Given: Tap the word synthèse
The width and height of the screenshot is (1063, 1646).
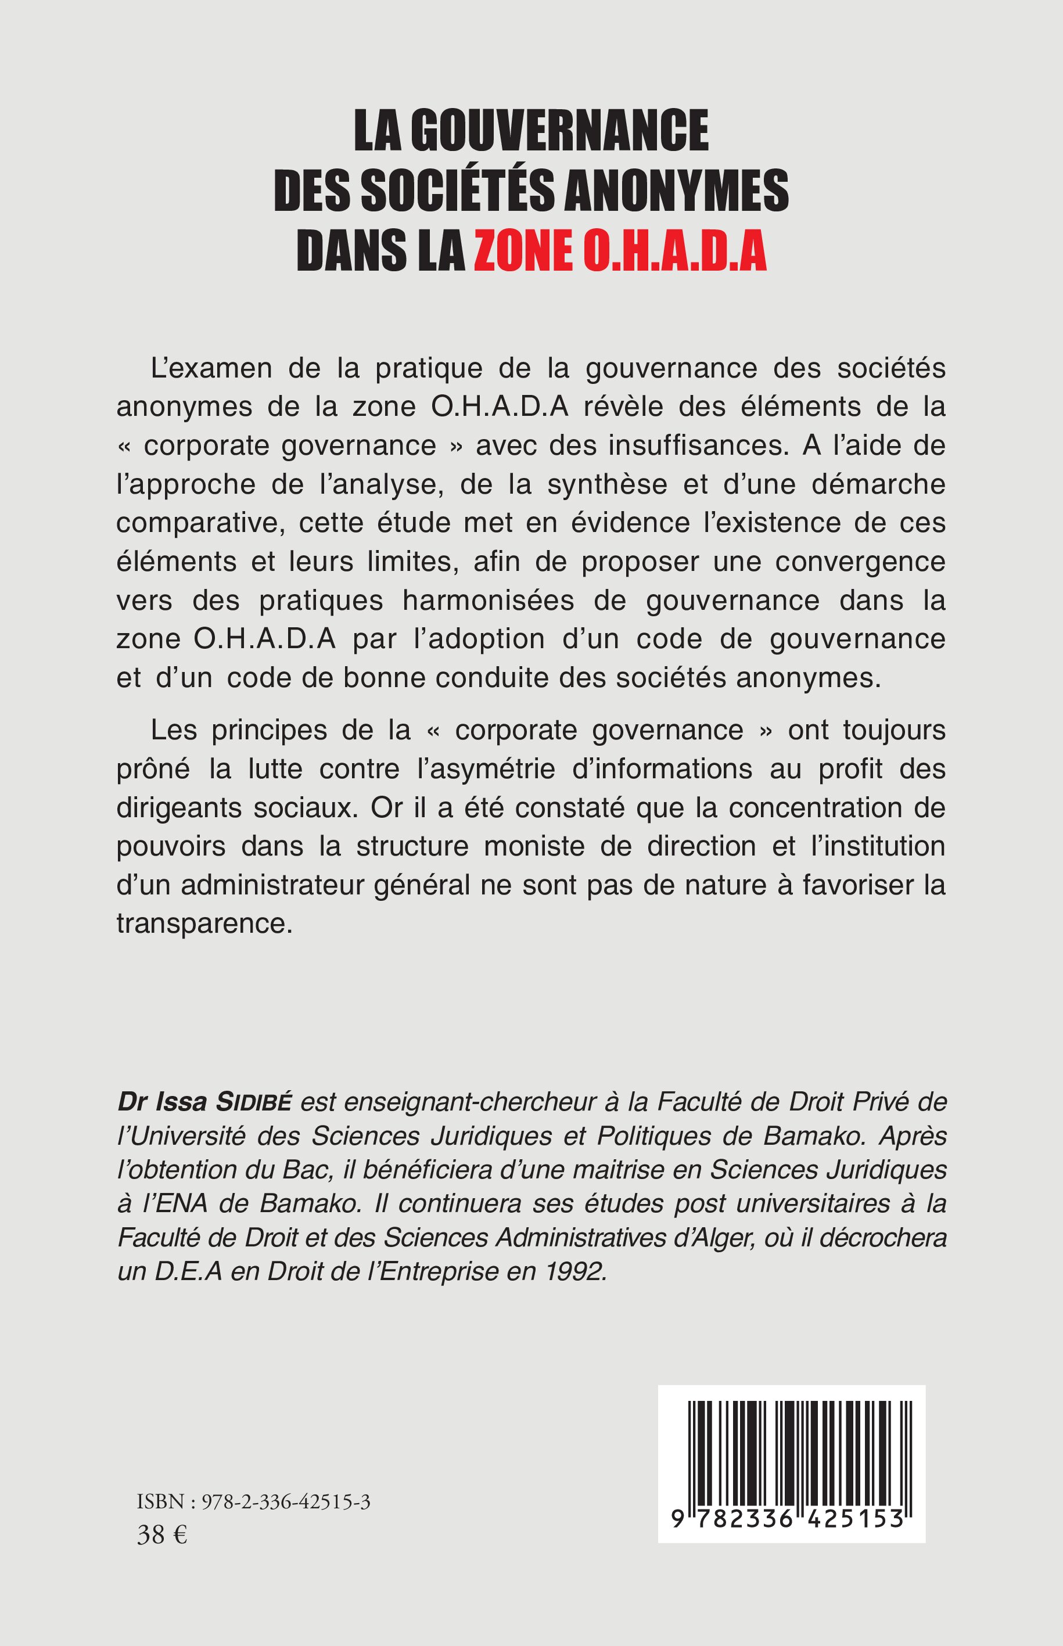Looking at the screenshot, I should pos(608,484).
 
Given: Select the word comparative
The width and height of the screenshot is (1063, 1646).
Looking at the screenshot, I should pos(200,523).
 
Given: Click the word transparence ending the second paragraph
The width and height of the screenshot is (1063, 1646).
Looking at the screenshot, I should pos(204,923).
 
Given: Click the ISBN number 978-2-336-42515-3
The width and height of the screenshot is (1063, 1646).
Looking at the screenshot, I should pos(286,1502).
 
